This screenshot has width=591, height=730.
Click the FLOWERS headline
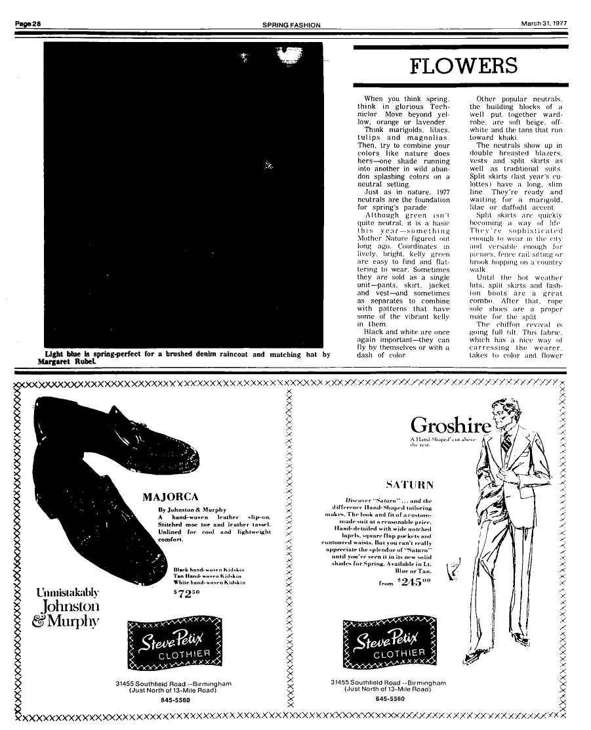(x=463, y=66)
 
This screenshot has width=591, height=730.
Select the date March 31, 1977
(x=544, y=24)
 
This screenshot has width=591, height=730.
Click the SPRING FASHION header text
(x=291, y=25)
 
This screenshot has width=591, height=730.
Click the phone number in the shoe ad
(x=175, y=700)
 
